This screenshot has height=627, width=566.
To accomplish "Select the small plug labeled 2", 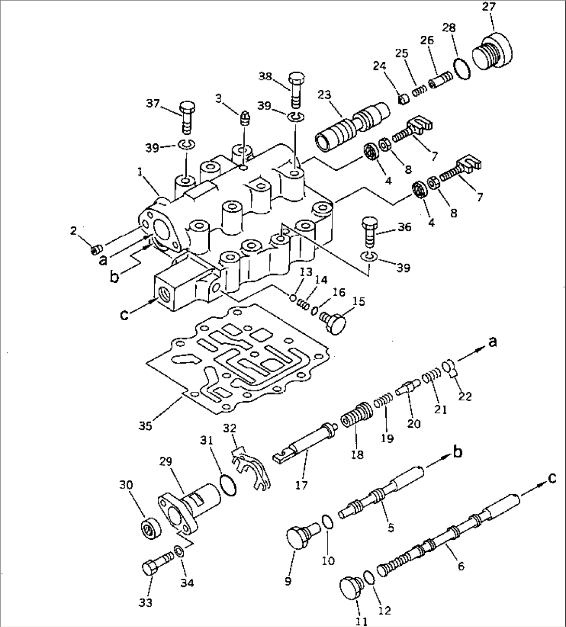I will [95, 251].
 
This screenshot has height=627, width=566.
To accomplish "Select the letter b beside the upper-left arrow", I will [115, 276].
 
